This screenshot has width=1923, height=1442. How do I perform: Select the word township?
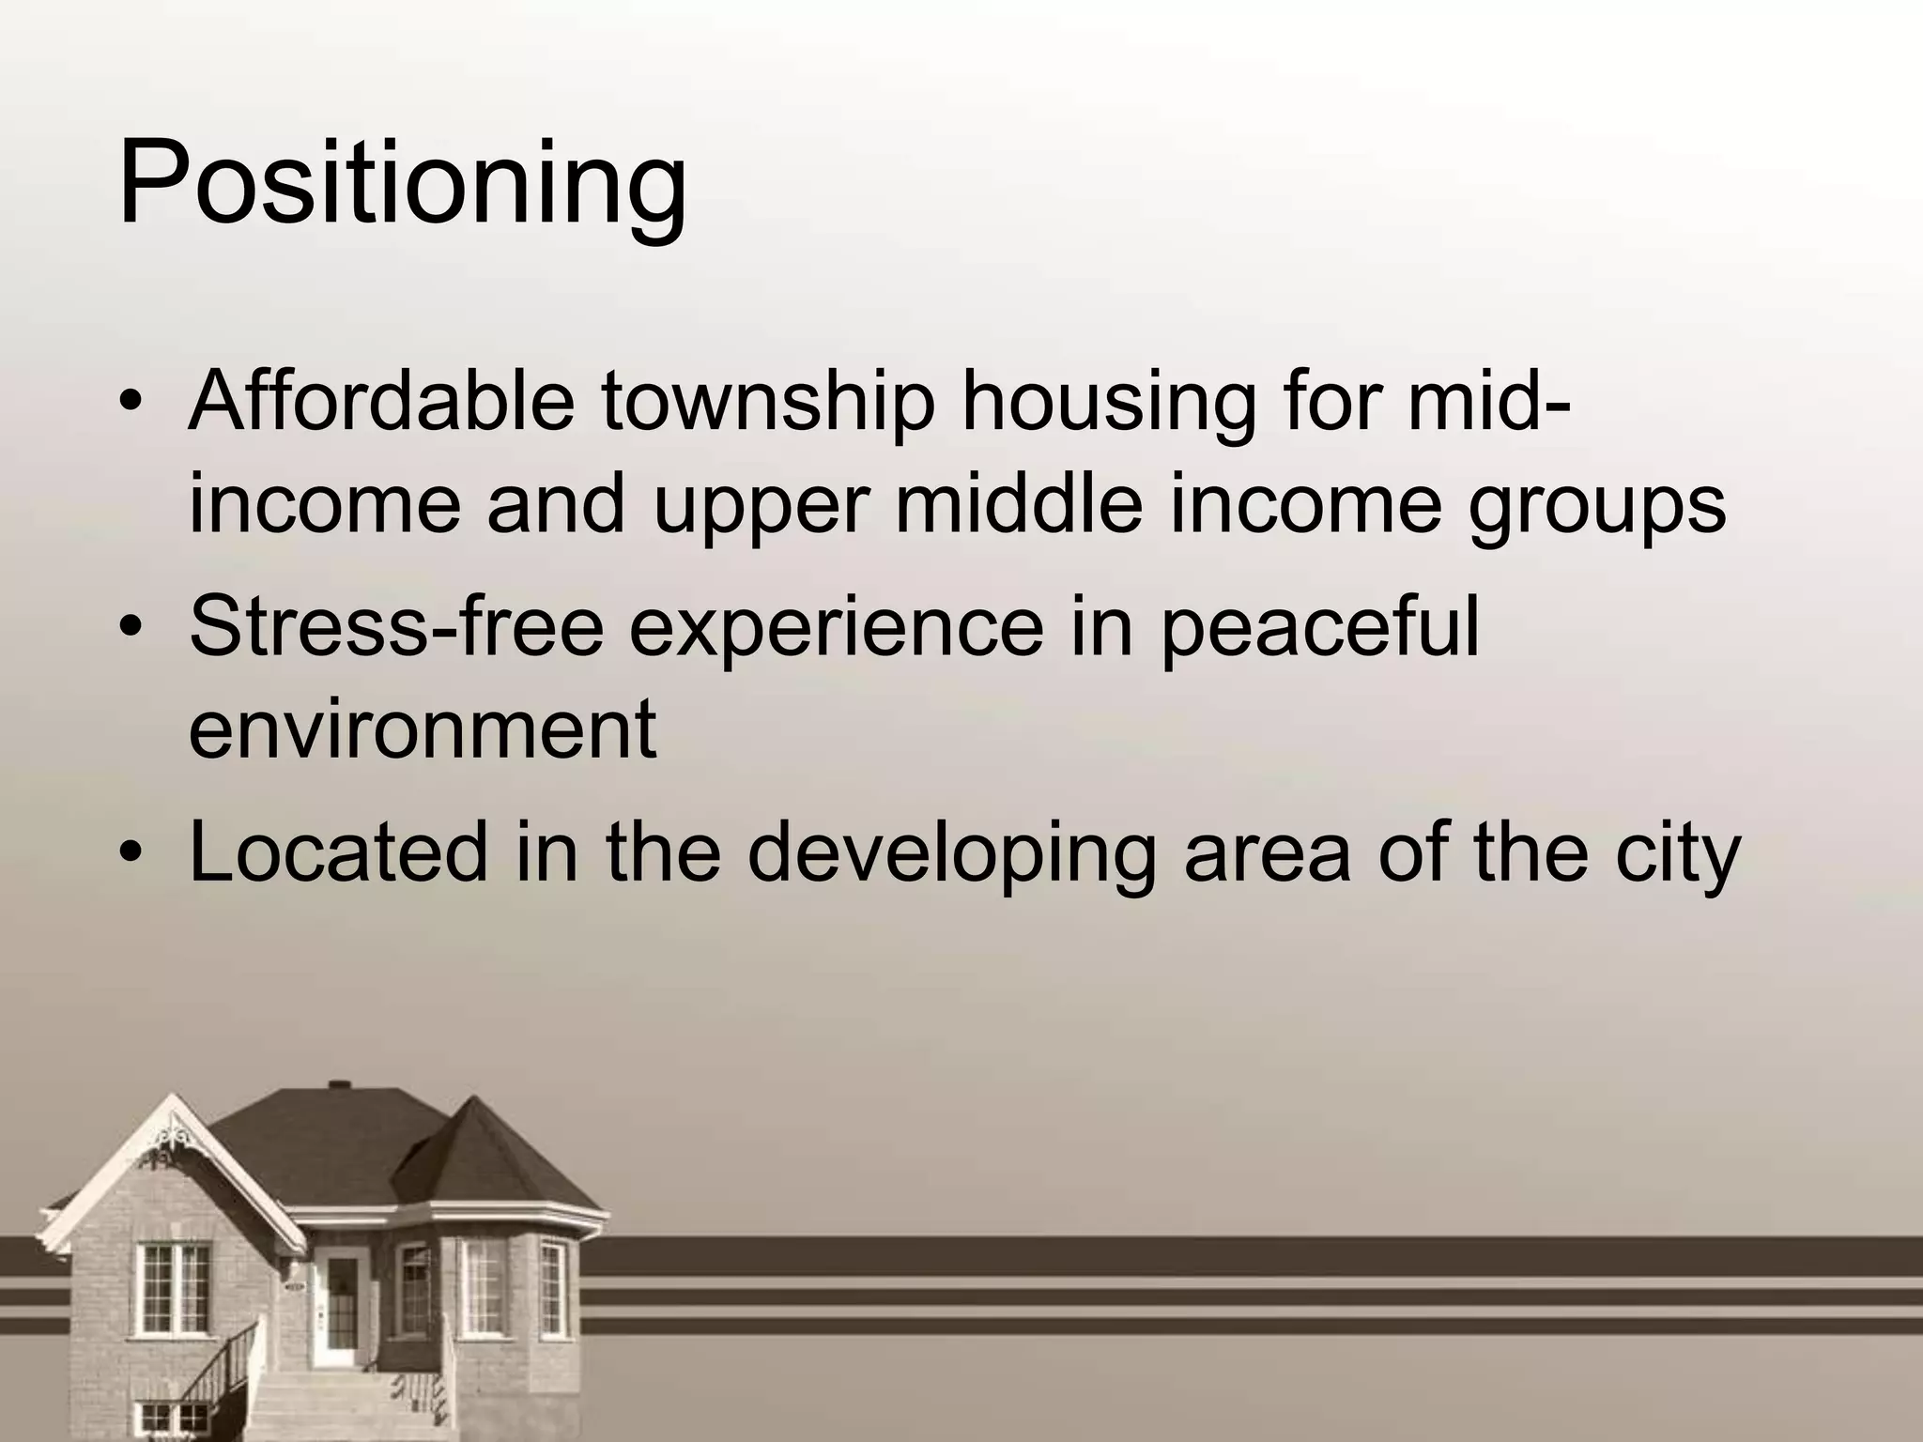(x=768, y=404)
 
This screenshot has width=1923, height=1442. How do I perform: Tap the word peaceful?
(x=1318, y=626)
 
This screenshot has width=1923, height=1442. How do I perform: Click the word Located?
(x=338, y=851)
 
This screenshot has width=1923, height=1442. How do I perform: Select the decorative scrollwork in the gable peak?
(x=172, y=1134)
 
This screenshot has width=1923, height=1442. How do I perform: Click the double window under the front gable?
(x=173, y=1287)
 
